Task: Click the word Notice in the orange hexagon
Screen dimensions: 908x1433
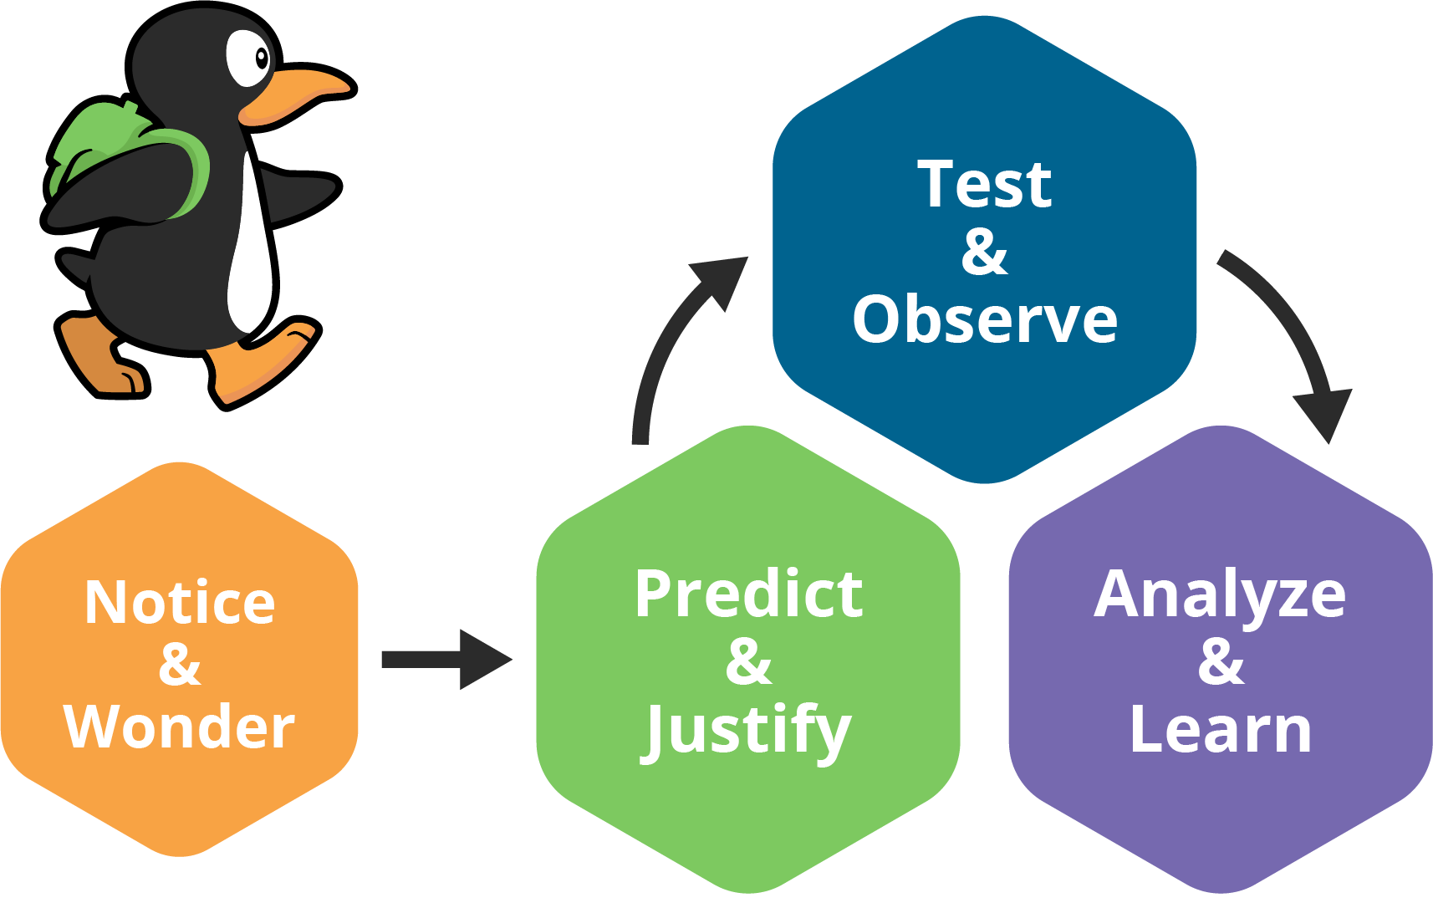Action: (180, 603)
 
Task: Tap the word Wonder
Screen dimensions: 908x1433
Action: (180, 727)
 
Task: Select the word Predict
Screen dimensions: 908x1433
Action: (748, 594)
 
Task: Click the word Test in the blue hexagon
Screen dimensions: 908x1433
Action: (984, 185)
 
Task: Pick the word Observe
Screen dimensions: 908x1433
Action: (984, 319)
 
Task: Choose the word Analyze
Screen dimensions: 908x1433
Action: (1220, 594)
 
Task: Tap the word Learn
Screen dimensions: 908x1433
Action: (1220, 730)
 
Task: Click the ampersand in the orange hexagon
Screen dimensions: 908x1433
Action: (180, 665)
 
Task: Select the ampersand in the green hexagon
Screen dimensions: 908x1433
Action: (748, 661)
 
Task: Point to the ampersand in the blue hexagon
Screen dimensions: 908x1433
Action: (984, 252)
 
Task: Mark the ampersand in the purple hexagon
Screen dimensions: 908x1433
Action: (1221, 661)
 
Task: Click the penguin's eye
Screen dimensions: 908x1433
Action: (251, 58)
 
